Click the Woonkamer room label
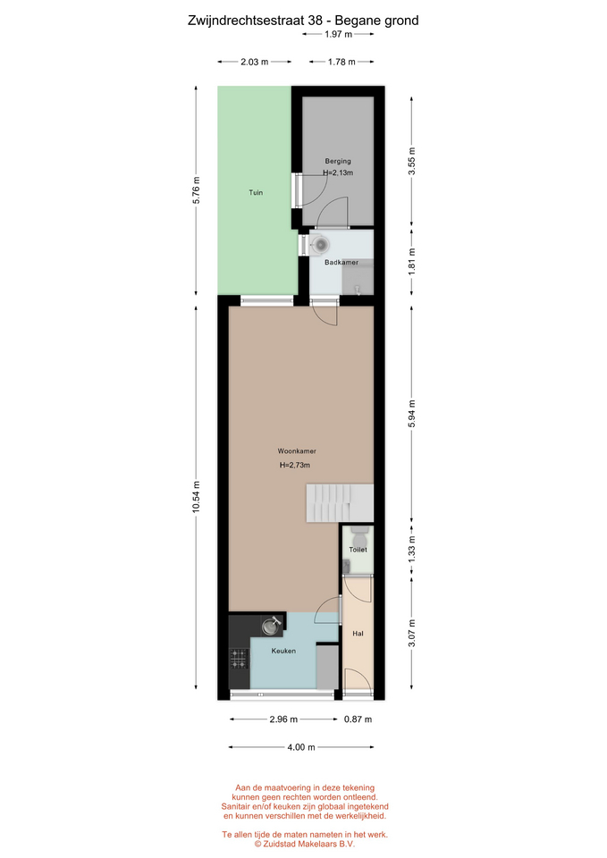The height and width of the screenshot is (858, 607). [x=297, y=451]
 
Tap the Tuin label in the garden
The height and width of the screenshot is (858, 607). [x=256, y=193]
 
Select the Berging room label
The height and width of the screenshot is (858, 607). [x=338, y=161]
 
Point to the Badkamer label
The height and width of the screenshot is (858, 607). [x=341, y=262]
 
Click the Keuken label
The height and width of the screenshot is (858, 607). [x=283, y=651]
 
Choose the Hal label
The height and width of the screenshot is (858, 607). [x=358, y=634]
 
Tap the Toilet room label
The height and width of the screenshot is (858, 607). [x=358, y=550]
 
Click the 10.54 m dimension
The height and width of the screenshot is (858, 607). [x=196, y=497]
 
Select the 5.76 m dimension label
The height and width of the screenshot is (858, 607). [x=196, y=190]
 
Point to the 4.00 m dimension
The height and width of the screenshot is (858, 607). [x=301, y=747]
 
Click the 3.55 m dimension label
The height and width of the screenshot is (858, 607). [x=412, y=162]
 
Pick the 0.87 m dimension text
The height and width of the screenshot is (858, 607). [x=358, y=719]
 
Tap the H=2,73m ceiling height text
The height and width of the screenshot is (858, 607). [x=295, y=465]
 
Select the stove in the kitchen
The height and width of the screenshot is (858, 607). [x=239, y=659]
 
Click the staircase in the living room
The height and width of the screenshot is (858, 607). [x=340, y=502]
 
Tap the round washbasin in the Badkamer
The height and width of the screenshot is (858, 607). [x=320, y=244]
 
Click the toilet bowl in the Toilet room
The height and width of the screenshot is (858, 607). [x=359, y=532]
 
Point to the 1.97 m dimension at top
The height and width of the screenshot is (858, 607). [x=338, y=34]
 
